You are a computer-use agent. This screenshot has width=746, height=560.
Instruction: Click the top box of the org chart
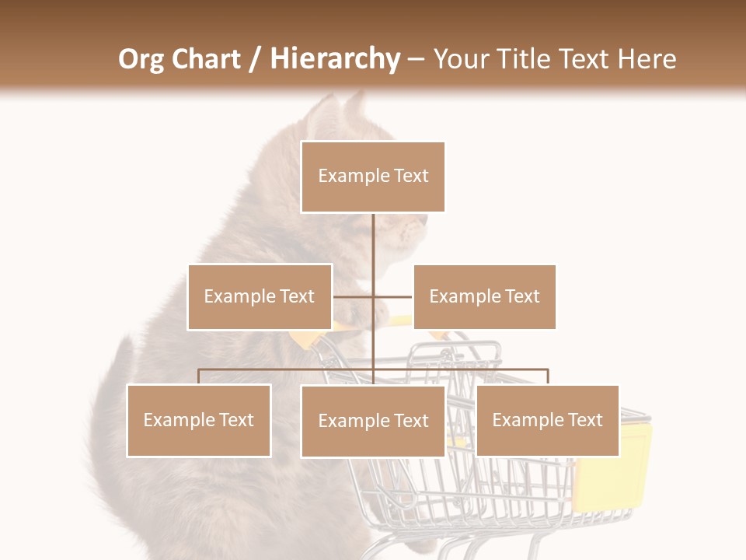373,177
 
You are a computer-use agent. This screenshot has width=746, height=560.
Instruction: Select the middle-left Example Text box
260,296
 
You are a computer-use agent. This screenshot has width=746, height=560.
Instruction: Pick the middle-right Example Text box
484,296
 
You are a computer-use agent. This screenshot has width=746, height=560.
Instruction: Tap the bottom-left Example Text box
199,420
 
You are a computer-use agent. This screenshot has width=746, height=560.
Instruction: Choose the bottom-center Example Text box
373,421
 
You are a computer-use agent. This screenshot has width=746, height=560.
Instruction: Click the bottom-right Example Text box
547,420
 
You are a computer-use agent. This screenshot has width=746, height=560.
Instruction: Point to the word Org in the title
141,59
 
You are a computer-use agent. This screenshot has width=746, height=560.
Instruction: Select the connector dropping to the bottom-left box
199,376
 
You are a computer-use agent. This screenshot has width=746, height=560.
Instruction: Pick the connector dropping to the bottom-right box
548,376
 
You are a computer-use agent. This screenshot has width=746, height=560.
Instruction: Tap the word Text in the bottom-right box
585,420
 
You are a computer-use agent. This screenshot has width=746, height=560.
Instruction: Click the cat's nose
424,221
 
